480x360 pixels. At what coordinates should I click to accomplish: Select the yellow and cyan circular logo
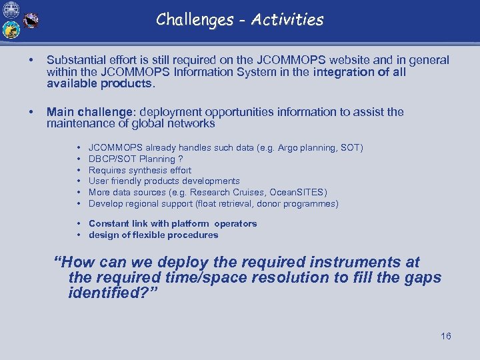(x=11, y=30)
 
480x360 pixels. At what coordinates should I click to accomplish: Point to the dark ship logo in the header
(x=31, y=21)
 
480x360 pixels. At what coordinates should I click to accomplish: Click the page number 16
(x=445, y=336)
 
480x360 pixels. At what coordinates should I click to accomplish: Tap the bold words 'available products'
(x=100, y=84)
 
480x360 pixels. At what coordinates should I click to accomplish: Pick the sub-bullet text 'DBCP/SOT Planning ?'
(x=135, y=159)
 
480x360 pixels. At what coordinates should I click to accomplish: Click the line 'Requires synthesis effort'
(x=139, y=170)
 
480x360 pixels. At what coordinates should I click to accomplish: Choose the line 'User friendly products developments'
(x=164, y=181)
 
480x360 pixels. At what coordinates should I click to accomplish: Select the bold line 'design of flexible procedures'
(x=153, y=235)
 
